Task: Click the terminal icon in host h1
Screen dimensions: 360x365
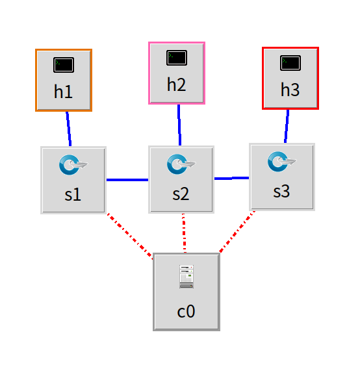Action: pos(64,65)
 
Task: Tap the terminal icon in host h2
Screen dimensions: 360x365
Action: pos(177,58)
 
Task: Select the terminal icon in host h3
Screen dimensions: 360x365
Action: pos(290,63)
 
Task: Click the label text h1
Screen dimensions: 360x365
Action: pos(63,92)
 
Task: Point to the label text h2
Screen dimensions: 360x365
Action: pos(177,84)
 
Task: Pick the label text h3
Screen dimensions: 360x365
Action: pos(290,90)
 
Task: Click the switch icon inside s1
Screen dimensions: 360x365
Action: pos(73,165)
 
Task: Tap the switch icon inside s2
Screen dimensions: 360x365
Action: pos(181,164)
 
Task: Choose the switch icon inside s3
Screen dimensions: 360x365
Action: pos(282,162)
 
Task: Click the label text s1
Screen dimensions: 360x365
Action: pos(73,194)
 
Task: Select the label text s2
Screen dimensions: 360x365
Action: pos(181,194)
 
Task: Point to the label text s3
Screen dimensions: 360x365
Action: pos(281,192)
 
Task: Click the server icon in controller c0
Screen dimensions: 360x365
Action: pos(186,277)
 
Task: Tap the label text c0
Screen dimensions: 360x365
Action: pos(186,311)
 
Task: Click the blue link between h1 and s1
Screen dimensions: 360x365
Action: pos(69,129)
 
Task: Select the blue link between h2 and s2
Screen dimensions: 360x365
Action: pos(179,125)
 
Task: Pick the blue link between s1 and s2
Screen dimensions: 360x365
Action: pos(127,180)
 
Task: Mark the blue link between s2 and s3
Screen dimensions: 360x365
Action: pos(232,179)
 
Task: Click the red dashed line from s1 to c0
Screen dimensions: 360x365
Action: pos(130,236)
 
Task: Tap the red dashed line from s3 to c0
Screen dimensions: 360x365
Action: pos(237,231)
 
